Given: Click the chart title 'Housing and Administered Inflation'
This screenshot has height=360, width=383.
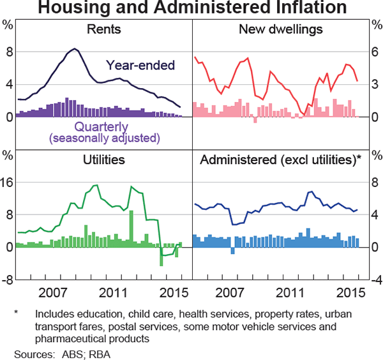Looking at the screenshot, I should click(x=191, y=8).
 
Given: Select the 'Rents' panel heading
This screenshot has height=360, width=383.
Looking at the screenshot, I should click(x=104, y=29).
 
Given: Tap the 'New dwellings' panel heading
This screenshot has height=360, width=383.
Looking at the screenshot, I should click(x=280, y=29).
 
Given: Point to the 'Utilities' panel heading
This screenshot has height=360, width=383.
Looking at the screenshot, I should click(x=104, y=159).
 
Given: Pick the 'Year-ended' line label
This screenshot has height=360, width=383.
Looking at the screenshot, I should click(x=140, y=64).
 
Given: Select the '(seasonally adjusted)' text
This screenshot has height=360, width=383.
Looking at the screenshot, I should click(x=104, y=137).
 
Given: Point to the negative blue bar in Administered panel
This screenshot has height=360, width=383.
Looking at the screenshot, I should click(x=232, y=250).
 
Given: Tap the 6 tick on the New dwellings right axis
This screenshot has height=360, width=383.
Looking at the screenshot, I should click(x=374, y=52).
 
